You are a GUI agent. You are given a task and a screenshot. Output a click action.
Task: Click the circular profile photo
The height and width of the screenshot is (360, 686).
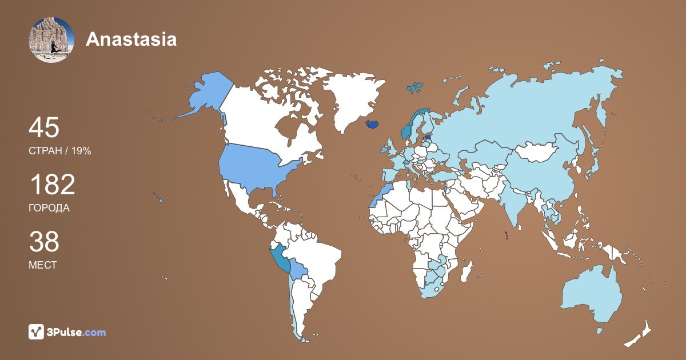point(51,39)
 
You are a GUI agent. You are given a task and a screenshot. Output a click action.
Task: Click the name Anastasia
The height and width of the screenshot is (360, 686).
point(131,39)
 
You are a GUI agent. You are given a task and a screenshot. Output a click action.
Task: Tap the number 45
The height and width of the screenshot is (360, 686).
point(43,127)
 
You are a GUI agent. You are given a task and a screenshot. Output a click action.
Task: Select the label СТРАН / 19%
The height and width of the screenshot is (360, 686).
point(59,151)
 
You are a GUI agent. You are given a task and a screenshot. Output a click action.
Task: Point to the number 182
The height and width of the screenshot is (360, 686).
point(51,185)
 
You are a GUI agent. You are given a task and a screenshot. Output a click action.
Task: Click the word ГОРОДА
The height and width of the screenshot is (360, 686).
point(49,208)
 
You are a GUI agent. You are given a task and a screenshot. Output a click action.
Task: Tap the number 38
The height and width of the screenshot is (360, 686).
point(43,242)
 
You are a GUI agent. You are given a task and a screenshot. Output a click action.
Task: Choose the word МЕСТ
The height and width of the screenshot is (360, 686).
point(42,265)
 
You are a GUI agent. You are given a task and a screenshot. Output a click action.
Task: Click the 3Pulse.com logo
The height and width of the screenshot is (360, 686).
point(67,332)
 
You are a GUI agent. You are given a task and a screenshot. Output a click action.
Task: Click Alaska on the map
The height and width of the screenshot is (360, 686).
point(205,92)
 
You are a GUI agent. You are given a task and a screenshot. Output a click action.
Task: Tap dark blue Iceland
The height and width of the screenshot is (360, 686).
point(372,124)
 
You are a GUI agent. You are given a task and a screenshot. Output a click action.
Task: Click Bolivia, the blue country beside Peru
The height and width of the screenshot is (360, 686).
point(298,269)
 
